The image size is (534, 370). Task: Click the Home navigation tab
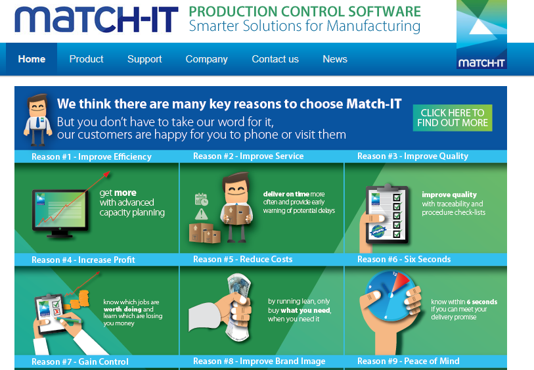[32, 59]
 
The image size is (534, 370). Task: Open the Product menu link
[86, 59]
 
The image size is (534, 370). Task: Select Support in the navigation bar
[145, 59]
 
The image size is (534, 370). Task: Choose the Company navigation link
[206, 59]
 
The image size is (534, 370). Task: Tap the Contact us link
[275, 59]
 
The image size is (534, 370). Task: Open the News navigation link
[335, 59]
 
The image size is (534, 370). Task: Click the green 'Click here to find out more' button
[453, 118]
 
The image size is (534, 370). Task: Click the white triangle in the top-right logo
[481, 26]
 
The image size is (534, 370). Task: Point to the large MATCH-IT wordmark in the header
[97, 20]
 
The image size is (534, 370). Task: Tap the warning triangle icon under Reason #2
[201, 214]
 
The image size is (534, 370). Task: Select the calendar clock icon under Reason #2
[201, 200]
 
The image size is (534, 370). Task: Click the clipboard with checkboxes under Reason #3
[387, 214]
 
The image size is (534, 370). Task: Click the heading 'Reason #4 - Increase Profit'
[83, 260]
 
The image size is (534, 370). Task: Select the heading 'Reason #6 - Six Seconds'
[404, 260]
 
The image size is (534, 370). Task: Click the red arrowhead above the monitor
[106, 174]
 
